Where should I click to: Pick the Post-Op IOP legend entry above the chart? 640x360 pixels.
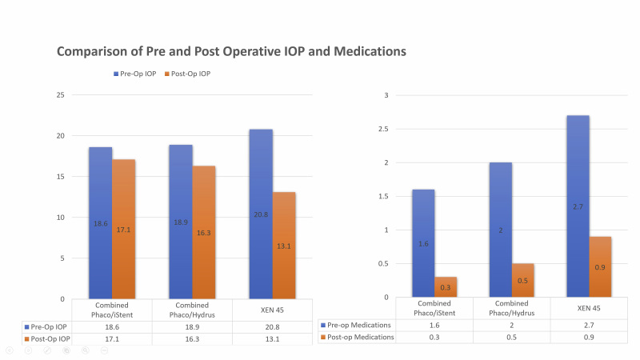(x=192, y=74)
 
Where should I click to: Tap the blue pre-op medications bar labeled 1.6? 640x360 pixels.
(x=423, y=243)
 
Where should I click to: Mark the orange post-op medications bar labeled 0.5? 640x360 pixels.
(x=523, y=280)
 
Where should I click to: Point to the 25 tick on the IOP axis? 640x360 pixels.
(x=59, y=95)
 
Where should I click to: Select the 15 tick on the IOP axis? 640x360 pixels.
(x=59, y=177)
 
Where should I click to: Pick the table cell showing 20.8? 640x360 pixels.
(x=272, y=326)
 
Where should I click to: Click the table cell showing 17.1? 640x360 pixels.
(x=112, y=339)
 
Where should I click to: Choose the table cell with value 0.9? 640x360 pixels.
(x=590, y=337)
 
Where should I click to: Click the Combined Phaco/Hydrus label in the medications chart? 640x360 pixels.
(x=512, y=309)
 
